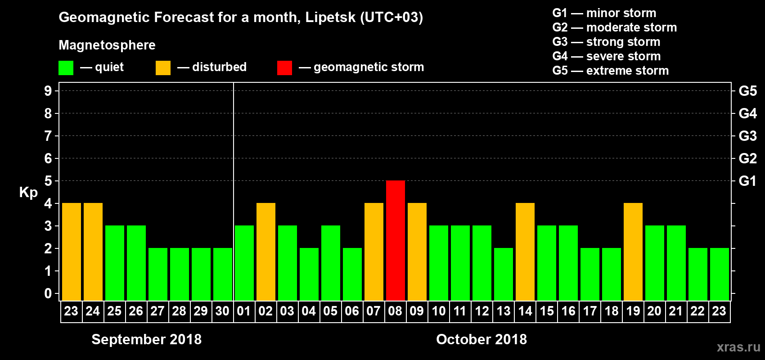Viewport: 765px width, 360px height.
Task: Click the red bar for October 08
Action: click(x=396, y=240)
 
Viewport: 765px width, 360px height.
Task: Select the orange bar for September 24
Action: click(x=93, y=252)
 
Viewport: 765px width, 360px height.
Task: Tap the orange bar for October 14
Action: click(x=525, y=252)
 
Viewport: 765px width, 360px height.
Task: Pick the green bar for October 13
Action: click(x=504, y=274)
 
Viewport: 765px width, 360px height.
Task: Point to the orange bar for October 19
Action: click(x=633, y=252)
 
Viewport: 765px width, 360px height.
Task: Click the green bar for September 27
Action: click(x=158, y=274)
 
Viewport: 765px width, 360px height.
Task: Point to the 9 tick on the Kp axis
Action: click(x=48, y=91)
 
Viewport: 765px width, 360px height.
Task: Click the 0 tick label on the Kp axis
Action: click(x=48, y=293)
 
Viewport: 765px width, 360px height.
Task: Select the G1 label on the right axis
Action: click(x=747, y=181)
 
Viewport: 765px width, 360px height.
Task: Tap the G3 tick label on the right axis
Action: click(x=747, y=136)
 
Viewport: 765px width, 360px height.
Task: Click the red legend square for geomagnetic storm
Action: click(x=284, y=68)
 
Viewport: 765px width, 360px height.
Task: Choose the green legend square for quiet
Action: click(x=66, y=68)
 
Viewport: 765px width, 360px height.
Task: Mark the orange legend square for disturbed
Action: click(x=163, y=68)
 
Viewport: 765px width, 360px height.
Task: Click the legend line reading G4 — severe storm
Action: click(x=606, y=56)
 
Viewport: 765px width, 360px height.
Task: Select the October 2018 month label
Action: click(x=481, y=339)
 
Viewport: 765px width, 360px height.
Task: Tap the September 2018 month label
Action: click(x=147, y=339)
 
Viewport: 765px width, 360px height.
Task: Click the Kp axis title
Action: click(x=28, y=192)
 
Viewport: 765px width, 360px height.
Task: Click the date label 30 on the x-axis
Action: click(x=223, y=311)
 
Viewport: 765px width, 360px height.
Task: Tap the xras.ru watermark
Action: click(x=738, y=346)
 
